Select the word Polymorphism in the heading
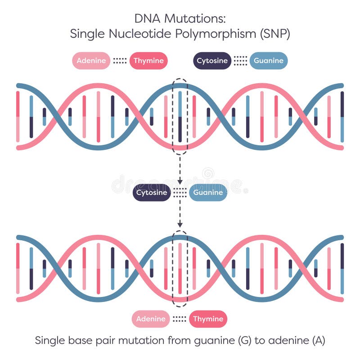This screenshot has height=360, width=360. (207, 34)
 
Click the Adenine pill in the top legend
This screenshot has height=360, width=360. (91, 61)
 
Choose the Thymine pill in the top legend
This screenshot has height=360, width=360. (149, 61)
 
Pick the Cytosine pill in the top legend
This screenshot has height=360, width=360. (212, 61)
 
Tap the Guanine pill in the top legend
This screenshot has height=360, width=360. (269, 61)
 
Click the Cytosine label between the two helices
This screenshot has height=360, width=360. (152, 193)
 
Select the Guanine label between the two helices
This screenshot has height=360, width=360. (208, 193)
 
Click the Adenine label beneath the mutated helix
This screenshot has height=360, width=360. (151, 319)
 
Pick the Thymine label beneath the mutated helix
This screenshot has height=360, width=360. (208, 319)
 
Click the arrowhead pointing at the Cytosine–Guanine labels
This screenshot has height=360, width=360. (180, 181)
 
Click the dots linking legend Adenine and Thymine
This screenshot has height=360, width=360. (120, 61)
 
